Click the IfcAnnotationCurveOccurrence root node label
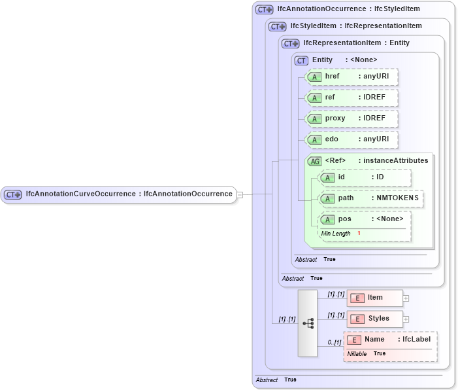tap(128, 194)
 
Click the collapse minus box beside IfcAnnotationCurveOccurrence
tap(240, 194)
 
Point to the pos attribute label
tap(344, 219)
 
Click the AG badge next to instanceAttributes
tap(314, 161)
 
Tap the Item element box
tap(374, 298)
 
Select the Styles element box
tap(374, 319)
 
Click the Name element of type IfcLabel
tap(390, 340)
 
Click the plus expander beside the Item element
tap(406, 298)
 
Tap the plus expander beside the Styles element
tap(406, 319)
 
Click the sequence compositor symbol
tap(308, 323)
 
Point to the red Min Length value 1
tap(359, 234)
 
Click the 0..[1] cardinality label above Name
tap(334, 342)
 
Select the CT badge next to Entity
tap(301, 60)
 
